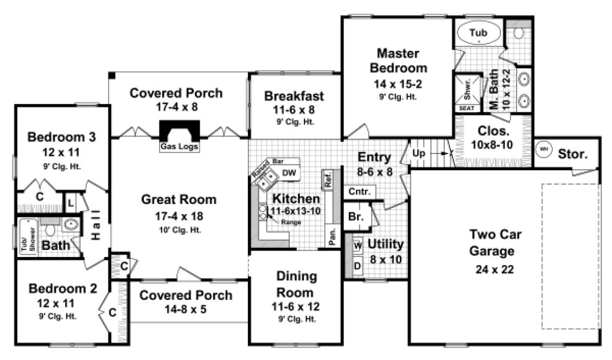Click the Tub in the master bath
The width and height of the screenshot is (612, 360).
pyautogui.click(x=478, y=34)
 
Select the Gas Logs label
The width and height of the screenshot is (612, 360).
pyautogui.click(x=179, y=147)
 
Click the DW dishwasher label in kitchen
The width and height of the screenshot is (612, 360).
pyautogui.click(x=289, y=173)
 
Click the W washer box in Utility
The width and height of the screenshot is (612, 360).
pyautogui.click(x=358, y=246)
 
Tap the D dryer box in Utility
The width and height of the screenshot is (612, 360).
pyautogui.click(x=358, y=266)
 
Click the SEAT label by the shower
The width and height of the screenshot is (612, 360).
pyautogui.click(x=467, y=108)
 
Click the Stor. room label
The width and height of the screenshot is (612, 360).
pyautogui.click(x=572, y=154)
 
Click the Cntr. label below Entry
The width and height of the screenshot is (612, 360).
pyautogui.click(x=359, y=192)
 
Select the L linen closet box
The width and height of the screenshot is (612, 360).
pyautogui.click(x=70, y=204)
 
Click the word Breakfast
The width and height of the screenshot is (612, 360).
pyautogui.click(x=294, y=96)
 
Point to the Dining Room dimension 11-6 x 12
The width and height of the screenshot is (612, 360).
pyautogui.click(x=295, y=307)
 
